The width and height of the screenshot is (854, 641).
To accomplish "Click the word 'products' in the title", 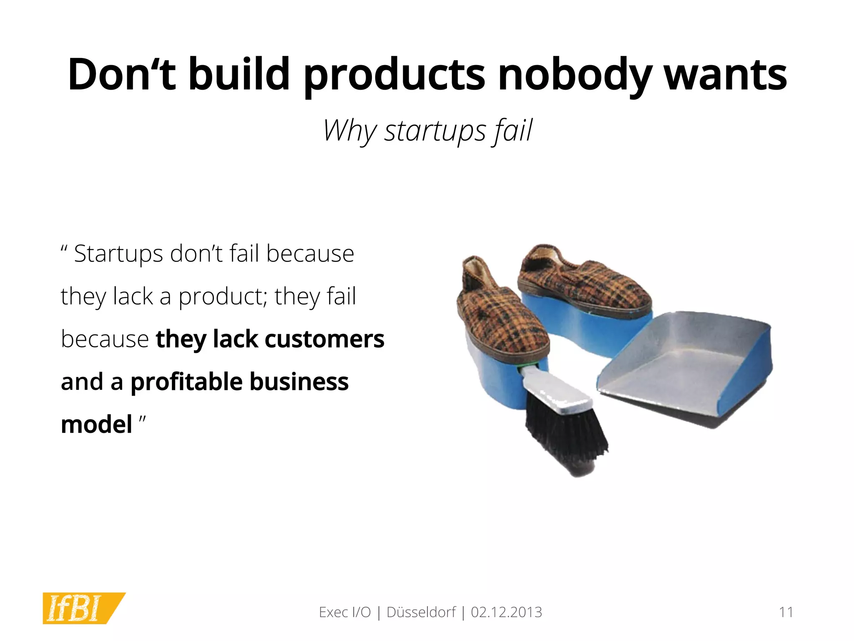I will click(x=394, y=75).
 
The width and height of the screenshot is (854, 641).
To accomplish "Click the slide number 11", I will click(x=786, y=612).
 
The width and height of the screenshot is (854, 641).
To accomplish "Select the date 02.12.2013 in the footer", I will click(x=506, y=612).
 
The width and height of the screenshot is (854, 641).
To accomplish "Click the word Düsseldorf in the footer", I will click(x=421, y=612).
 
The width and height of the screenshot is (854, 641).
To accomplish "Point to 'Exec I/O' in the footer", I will click(x=344, y=612).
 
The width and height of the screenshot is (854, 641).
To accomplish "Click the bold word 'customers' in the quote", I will click(x=324, y=339).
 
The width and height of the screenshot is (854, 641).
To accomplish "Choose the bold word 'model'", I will click(x=96, y=424).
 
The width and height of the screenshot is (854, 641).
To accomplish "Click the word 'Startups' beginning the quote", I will click(x=118, y=254).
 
